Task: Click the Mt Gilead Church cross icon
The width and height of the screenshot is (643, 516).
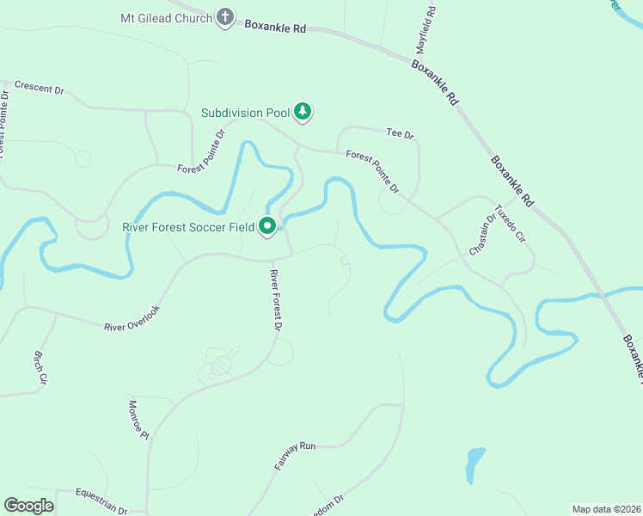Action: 225,17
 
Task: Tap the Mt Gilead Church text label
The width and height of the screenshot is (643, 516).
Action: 166,18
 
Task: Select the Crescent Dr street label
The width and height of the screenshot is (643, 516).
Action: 40,89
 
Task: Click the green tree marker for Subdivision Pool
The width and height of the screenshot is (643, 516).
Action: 303,111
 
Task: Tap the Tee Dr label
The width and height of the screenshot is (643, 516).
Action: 401,135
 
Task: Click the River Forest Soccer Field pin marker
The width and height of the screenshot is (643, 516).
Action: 267,226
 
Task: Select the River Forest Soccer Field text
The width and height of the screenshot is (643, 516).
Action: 188,227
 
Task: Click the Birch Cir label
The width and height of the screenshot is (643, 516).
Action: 40,366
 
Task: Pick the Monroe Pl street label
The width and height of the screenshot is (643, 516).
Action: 138,420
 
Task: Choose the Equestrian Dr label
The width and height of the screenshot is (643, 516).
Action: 101,500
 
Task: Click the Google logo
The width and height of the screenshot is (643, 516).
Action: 29,506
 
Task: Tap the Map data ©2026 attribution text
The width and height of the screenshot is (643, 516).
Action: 606,509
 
